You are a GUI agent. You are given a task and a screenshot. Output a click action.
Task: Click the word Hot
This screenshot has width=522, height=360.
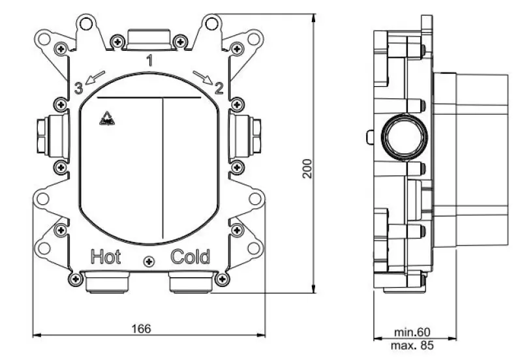coord(106,256)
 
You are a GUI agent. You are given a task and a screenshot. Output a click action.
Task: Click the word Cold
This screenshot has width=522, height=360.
coord(191,257)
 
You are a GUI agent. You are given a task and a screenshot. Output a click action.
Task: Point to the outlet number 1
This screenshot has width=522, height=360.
coord(149,62)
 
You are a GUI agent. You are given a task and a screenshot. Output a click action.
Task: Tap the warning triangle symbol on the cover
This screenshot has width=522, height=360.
coord(104,119)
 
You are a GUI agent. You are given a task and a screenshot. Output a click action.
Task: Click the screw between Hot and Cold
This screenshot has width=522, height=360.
coord(149,262)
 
